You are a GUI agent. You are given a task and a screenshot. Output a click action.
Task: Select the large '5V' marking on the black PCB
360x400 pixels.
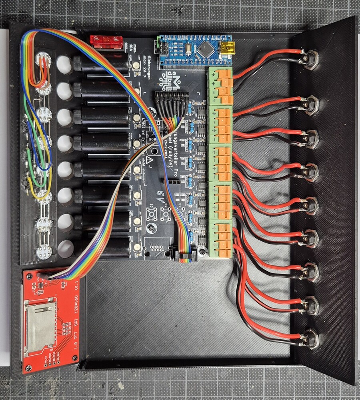pyautogui.click(x=161, y=195)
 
